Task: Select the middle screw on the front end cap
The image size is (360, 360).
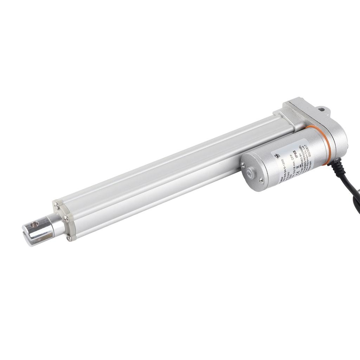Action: [x=65, y=219]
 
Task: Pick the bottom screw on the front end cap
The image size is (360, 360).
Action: [x=69, y=238]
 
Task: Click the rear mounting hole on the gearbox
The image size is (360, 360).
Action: [x=321, y=110]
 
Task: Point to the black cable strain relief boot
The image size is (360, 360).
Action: [x=336, y=165]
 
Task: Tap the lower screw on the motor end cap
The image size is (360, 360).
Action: [x=261, y=180]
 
